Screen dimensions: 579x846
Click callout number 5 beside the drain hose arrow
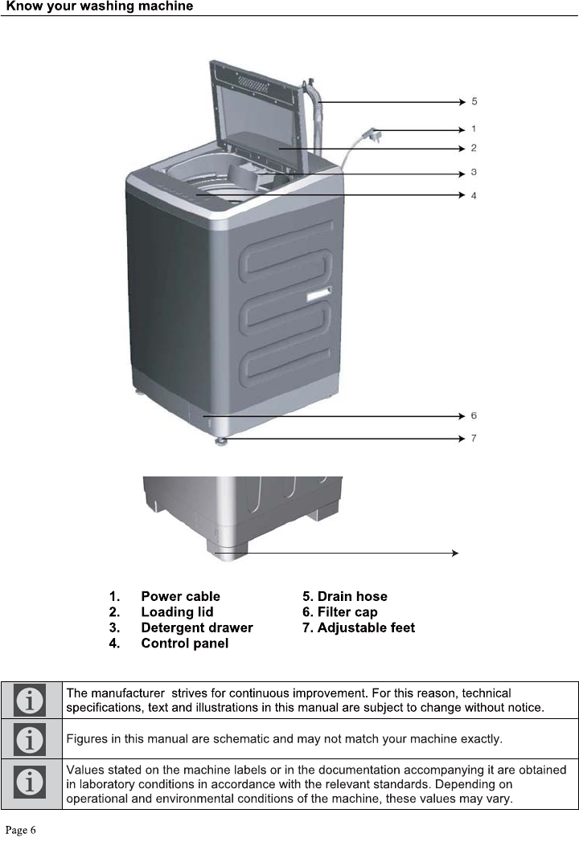coord(474,101)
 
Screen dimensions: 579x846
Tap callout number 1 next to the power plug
coord(474,129)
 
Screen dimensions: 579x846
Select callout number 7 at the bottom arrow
coord(474,438)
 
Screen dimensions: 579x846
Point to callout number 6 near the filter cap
coord(474,415)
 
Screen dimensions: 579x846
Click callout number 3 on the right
coord(474,172)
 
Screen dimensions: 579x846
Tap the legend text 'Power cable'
coord(180,596)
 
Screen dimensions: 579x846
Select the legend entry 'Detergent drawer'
coord(196,627)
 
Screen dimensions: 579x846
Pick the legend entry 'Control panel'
coord(184,644)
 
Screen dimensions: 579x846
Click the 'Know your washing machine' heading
coord(100,6)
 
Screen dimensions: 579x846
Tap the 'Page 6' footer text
coord(22,830)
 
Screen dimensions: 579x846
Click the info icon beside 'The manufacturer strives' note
coord(31,700)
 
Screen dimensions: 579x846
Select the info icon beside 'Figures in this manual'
coord(31,738)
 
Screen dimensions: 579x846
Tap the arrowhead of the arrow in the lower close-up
coord(455,553)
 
